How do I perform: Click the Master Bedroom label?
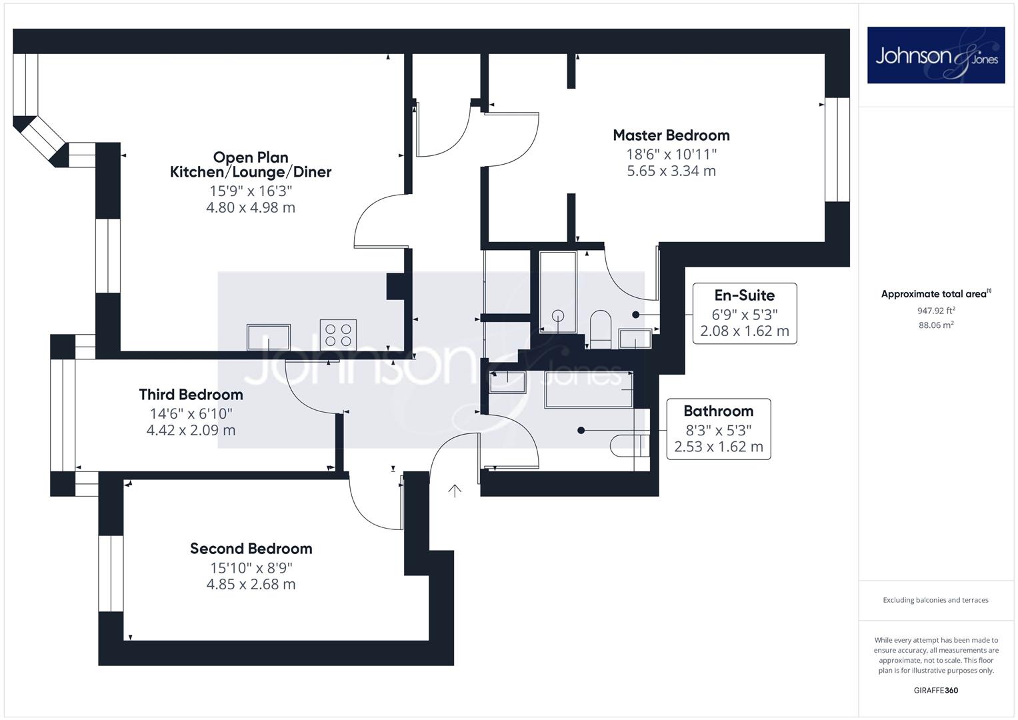pos(671,135)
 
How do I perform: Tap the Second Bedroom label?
pos(251,549)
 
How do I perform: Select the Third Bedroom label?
pos(191,395)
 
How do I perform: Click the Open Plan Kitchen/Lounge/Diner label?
pos(251,165)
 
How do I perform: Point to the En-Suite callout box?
pos(745,313)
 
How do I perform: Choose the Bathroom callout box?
pos(719,429)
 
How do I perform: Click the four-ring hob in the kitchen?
pos(338,335)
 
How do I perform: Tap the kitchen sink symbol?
pos(269,337)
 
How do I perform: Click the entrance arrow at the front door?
pos(455,491)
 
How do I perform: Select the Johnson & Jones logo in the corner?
pos(936,55)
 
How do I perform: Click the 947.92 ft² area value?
pos(936,311)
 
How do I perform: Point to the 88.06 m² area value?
pos(936,325)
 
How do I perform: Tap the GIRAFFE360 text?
pos(936,691)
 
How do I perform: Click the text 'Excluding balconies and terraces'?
pos(936,600)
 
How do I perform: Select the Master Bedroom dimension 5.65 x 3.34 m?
pos(671,171)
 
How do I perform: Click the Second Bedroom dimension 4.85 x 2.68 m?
pos(251,584)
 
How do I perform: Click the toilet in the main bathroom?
pos(630,445)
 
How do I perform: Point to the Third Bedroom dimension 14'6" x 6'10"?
pos(191,413)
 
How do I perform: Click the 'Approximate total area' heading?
pos(936,293)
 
